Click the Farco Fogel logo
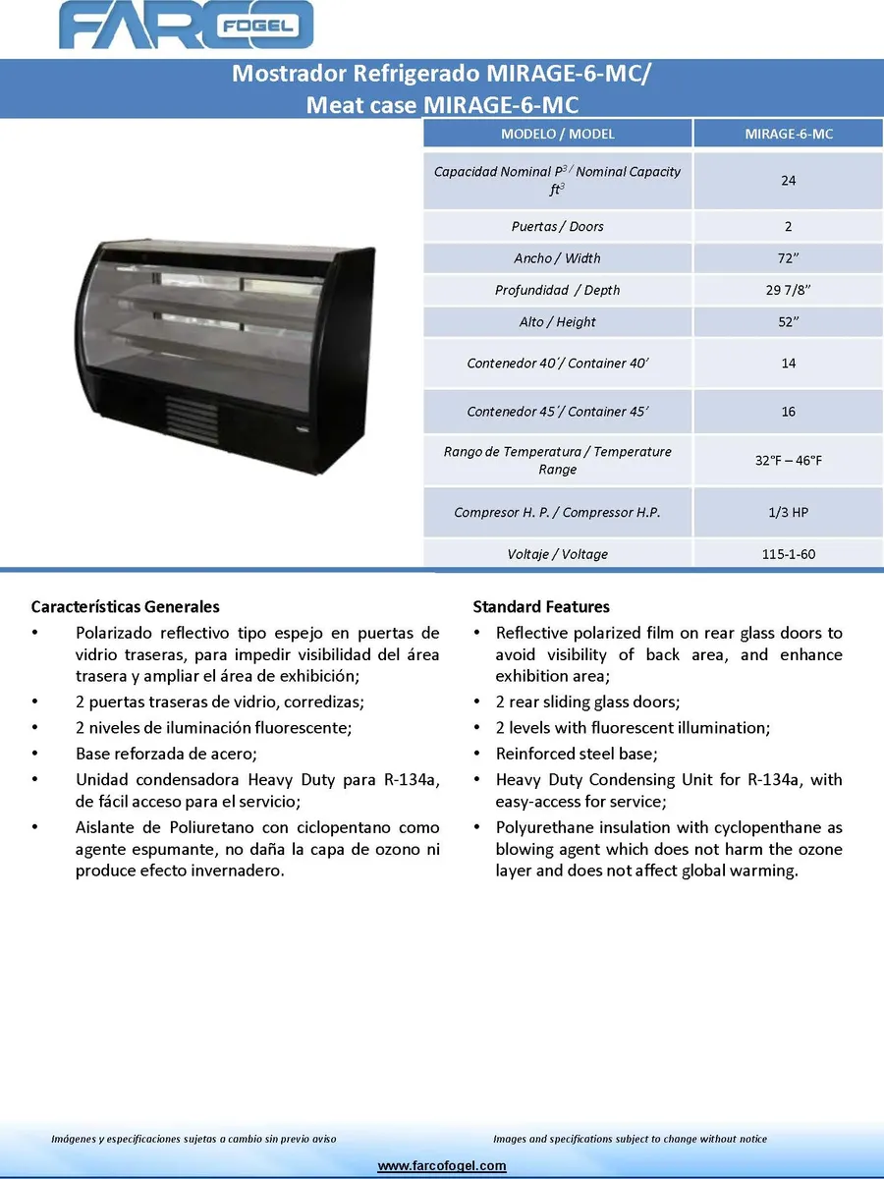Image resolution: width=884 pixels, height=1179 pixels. click(187, 26)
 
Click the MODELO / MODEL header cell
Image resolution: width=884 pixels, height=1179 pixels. click(557, 134)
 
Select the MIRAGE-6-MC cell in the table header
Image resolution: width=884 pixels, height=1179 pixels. click(788, 134)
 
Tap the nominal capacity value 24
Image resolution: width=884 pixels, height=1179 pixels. click(788, 181)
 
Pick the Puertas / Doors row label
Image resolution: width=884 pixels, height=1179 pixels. click(557, 227)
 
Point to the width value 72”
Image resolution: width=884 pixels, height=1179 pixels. click(788, 258)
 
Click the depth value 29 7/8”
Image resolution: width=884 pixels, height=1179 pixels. click(788, 291)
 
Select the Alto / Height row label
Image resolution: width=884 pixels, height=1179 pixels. click(557, 322)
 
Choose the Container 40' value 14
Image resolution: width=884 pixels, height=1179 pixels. click(788, 364)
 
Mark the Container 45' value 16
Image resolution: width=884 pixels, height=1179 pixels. click(788, 412)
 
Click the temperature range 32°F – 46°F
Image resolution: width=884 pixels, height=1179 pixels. click(788, 461)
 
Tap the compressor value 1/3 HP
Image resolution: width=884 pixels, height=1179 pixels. click(788, 513)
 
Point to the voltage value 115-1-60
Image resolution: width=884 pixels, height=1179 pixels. click(788, 555)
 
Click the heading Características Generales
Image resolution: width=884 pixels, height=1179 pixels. click(125, 607)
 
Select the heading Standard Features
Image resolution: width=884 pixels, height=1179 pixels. click(541, 607)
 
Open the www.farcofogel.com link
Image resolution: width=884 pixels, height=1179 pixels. click(442, 1166)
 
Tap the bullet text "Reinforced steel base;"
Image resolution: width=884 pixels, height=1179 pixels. click(577, 755)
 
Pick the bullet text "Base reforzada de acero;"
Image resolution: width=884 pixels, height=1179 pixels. click(166, 755)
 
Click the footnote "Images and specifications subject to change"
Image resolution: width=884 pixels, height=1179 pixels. click(630, 1140)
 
